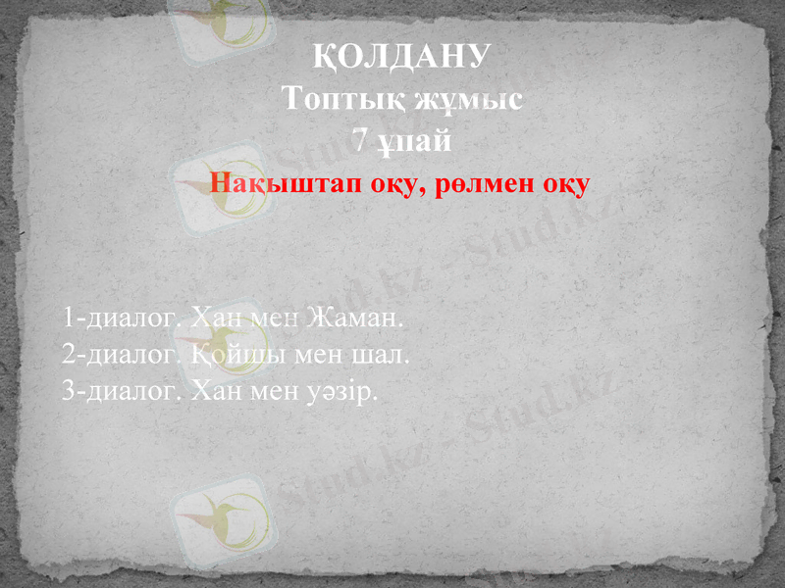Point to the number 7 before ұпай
tap(361, 141)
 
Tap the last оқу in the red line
tap(564, 184)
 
